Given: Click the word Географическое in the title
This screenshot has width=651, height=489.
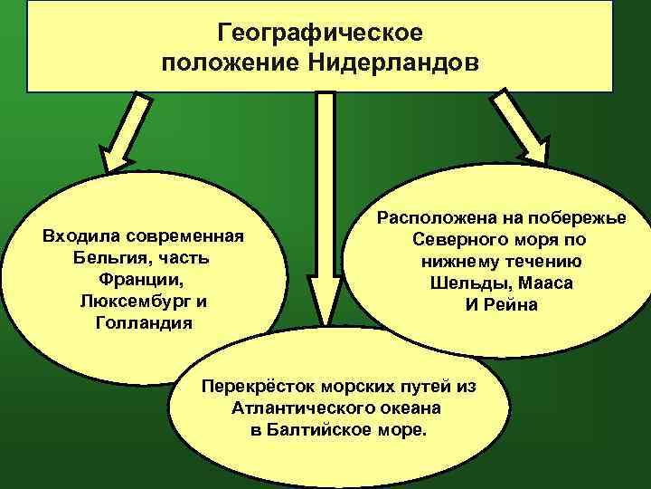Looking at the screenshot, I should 320,34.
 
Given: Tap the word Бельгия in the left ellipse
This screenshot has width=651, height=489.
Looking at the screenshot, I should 103,257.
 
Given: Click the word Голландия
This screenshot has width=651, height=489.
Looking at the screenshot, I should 143,321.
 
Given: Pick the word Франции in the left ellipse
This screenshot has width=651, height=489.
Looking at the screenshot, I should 143,279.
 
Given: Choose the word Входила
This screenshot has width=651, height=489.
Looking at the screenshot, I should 80,236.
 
